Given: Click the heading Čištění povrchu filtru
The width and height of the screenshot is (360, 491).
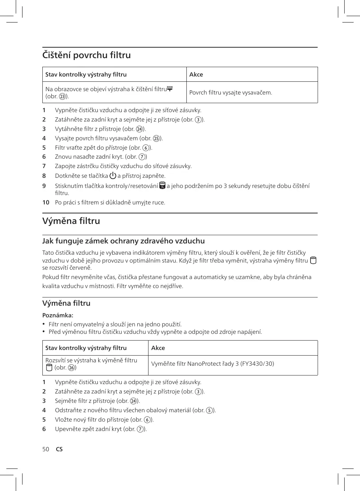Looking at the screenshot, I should (x=86, y=55).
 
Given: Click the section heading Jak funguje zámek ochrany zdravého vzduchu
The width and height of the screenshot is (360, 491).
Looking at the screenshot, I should (x=123, y=241).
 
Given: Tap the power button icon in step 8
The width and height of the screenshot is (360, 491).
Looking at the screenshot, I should (x=113, y=176).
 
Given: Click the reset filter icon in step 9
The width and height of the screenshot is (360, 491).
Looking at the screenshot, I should (x=162, y=186).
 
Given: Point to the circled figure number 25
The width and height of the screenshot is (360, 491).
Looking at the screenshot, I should (x=156, y=138).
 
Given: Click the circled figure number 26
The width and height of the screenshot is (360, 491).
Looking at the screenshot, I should (x=71, y=368).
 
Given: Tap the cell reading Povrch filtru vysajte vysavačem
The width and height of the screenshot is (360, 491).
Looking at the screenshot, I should (x=231, y=93).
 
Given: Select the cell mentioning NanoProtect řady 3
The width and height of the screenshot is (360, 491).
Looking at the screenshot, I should (x=212, y=363).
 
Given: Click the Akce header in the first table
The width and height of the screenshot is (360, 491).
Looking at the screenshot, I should (x=196, y=74).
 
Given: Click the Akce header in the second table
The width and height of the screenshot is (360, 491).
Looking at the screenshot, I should (x=158, y=348).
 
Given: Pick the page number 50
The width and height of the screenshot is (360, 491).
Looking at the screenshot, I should (x=46, y=449).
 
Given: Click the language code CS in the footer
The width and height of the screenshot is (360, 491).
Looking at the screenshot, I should (x=59, y=449).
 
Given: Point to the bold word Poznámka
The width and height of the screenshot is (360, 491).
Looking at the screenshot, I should (x=57, y=315).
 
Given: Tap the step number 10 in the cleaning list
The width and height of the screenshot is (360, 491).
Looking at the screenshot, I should (x=46, y=203).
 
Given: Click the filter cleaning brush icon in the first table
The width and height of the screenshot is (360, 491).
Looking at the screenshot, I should (x=170, y=89).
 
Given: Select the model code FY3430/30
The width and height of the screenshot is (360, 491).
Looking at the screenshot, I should (x=257, y=363).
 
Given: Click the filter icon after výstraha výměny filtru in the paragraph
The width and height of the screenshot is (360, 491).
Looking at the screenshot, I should (x=313, y=260).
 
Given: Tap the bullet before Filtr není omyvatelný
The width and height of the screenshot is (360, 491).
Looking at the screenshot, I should (x=44, y=324).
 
